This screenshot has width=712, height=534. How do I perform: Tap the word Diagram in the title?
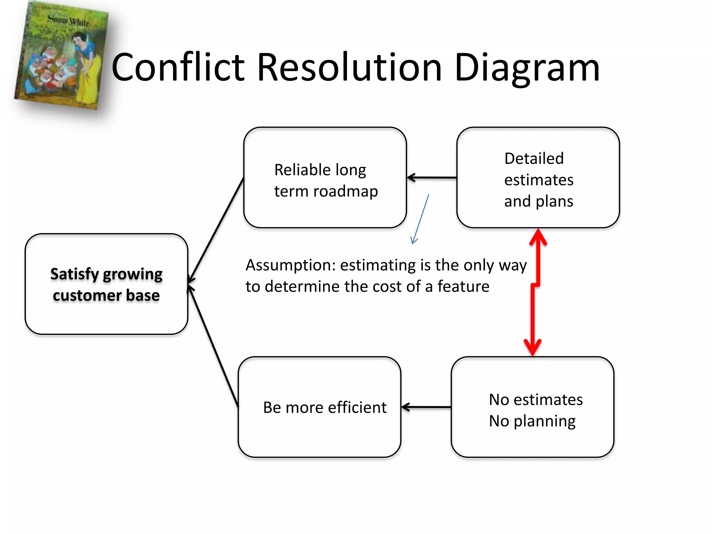[527, 68]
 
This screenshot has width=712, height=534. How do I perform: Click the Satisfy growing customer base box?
[106, 284]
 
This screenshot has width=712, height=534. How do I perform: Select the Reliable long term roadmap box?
[325, 177]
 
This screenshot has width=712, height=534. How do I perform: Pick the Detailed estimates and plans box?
[538, 177]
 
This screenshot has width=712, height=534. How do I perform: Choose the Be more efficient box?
[319, 407]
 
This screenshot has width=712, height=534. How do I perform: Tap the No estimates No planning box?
[532, 407]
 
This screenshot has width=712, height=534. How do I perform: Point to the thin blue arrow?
[420, 219]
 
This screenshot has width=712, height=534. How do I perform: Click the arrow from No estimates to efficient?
[426, 407]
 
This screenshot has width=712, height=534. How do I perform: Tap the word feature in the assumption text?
[463, 287]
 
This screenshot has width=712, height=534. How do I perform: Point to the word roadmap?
[346, 192]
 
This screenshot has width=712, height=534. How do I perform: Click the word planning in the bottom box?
[544, 421]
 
